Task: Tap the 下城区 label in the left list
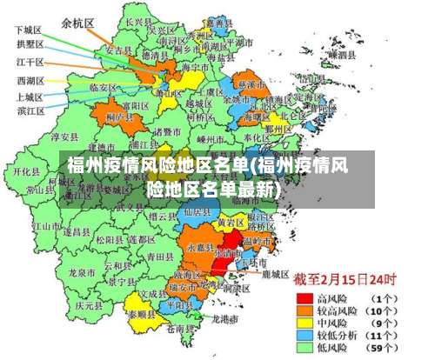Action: [29, 30]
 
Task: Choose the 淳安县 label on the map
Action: [65, 137]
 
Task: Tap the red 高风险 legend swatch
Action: [304, 297]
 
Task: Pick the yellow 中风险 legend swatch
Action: [304, 321]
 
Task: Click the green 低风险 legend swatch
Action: [304, 346]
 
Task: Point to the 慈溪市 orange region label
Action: [252, 84]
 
